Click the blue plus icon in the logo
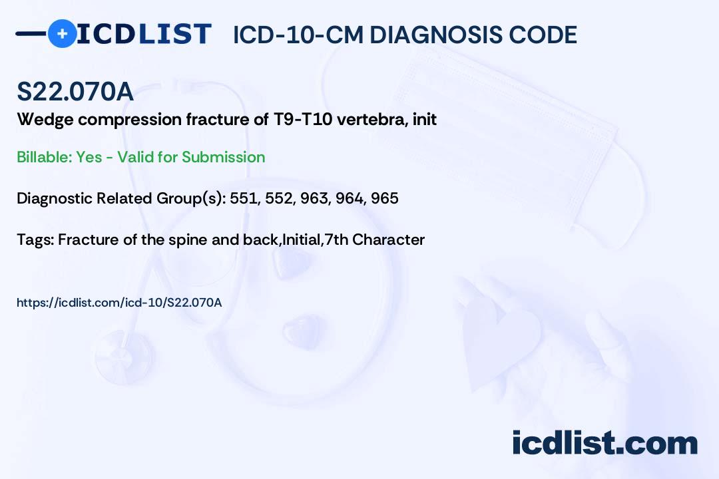pos(63,34)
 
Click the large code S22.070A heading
pos(75,91)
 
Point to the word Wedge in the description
pos(45,120)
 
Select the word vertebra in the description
pos(371,119)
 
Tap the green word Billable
pos(45,157)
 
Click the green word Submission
pos(223,157)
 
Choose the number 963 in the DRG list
pos(314,198)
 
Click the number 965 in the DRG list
pos(385,198)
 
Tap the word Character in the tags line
pos(388,239)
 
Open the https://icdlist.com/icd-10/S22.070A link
pos(119,303)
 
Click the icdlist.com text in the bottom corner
pos(604,442)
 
